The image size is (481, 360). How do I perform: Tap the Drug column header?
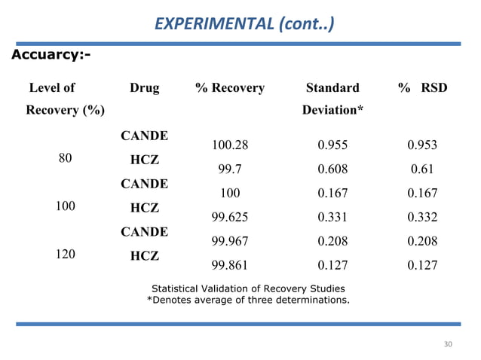(144, 88)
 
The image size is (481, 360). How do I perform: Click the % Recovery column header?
(230, 88)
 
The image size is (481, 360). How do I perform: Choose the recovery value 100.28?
(230, 145)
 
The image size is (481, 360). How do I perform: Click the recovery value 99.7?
(230, 169)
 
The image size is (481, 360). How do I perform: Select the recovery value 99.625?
(230, 218)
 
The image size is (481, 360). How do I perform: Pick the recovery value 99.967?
(230, 242)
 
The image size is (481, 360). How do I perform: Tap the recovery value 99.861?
(230, 266)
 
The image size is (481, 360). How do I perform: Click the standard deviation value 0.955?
(332, 145)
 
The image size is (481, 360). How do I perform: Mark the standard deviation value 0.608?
(332, 169)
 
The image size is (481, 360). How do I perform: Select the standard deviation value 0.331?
(332, 218)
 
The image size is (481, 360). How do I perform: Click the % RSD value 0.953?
(422, 145)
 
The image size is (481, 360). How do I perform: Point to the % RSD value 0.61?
(422, 169)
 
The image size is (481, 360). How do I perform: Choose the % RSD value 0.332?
(422, 218)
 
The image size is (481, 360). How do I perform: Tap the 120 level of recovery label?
(65, 255)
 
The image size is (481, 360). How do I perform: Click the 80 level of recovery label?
(65, 158)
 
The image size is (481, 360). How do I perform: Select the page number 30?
(448, 344)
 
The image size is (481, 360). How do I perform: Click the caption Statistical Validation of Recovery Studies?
(248, 288)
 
